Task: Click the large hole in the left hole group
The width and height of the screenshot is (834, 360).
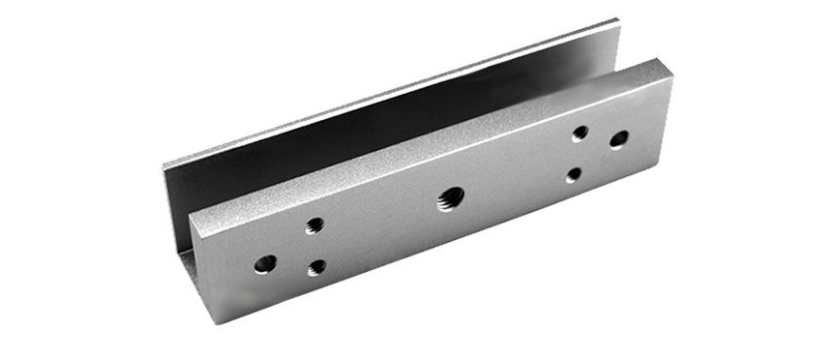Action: coord(264,261)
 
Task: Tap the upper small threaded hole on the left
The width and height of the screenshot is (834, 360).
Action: coord(314,225)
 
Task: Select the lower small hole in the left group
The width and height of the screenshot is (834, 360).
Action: coord(315,268)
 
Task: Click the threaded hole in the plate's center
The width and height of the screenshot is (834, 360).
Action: coord(448,199)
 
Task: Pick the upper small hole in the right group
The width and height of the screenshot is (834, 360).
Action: coord(581,134)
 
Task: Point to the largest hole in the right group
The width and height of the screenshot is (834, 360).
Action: coord(618,139)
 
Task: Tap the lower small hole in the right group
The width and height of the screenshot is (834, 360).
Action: coord(575,175)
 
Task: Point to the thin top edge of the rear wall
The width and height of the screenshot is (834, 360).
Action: coord(387,92)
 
